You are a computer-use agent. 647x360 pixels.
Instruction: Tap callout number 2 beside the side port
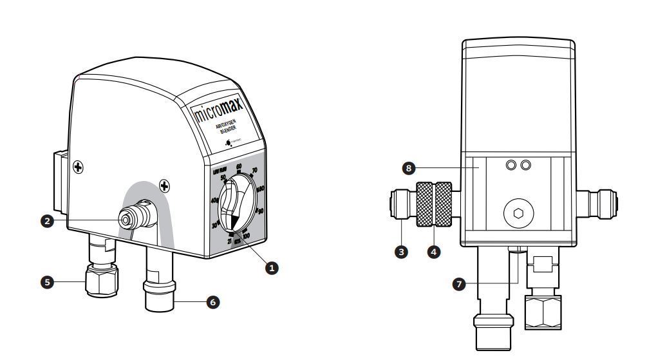pyautogui.click(x=46, y=221)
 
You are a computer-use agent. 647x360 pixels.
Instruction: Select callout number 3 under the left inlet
pyautogui.click(x=402, y=252)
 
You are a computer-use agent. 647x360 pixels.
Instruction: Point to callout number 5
pyautogui.click(x=46, y=281)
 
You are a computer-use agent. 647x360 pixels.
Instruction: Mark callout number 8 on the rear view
pyautogui.click(x=407, y=168)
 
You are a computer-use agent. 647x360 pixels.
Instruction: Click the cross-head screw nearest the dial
pyautogui.click(x=165, y=187)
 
